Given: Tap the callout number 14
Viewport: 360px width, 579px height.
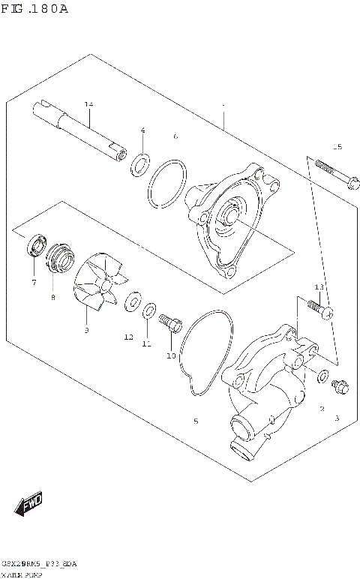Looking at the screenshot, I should coord(88,103).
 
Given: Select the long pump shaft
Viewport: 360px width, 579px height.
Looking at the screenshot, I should coord(79,132).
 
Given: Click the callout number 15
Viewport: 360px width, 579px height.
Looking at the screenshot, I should coord(337,146).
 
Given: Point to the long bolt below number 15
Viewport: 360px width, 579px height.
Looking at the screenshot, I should coord(334,172).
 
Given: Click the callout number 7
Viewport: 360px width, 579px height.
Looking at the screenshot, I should coord(34,283).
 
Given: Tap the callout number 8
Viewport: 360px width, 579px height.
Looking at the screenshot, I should coord(53,297).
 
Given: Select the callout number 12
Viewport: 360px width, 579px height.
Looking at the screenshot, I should coord(128,337).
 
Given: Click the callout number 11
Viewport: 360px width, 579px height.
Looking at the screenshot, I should coord(147,344).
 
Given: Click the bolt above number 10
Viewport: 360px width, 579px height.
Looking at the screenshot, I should coord(172,324).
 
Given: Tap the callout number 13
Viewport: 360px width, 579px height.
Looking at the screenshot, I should coord(319,287).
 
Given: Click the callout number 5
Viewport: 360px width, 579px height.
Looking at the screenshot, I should coord(196,421).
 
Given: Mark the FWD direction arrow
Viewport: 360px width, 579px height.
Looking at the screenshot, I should coord(31,505).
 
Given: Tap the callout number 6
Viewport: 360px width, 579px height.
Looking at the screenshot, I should coord(175,136).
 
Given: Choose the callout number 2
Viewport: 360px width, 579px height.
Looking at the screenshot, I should coord(321,409).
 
